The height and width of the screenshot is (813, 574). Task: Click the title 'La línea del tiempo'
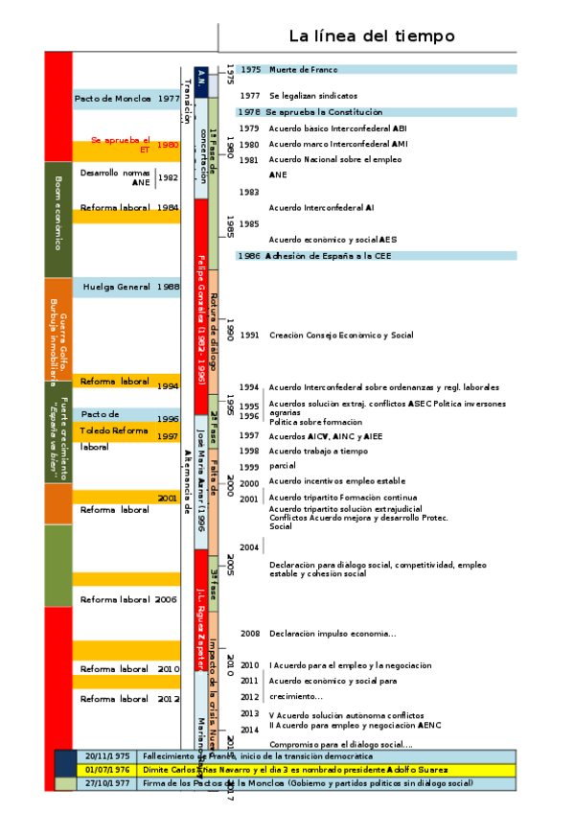pyautogui.click(x=372, y=36)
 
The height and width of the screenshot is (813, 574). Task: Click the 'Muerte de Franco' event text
pyautogui.click(x=303, y=70)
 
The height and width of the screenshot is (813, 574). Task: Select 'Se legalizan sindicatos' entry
pyautogui.click(x=313, y=96)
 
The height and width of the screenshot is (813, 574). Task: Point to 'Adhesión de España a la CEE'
pyautogui.click(x=329, y=256)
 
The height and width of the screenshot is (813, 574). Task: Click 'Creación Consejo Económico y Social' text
pyautogui.click(x=341, y=336)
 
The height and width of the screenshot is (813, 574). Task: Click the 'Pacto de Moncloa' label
pyautogui.click(x=113, y=99)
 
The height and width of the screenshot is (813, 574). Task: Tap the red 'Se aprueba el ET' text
pyautogui.click(x=122, y=144)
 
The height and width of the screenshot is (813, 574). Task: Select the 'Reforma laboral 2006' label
pyautogui.click(x=128, y=599)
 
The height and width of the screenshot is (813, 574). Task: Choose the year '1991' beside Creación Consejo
pyautogui.click(x=250, y=336)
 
